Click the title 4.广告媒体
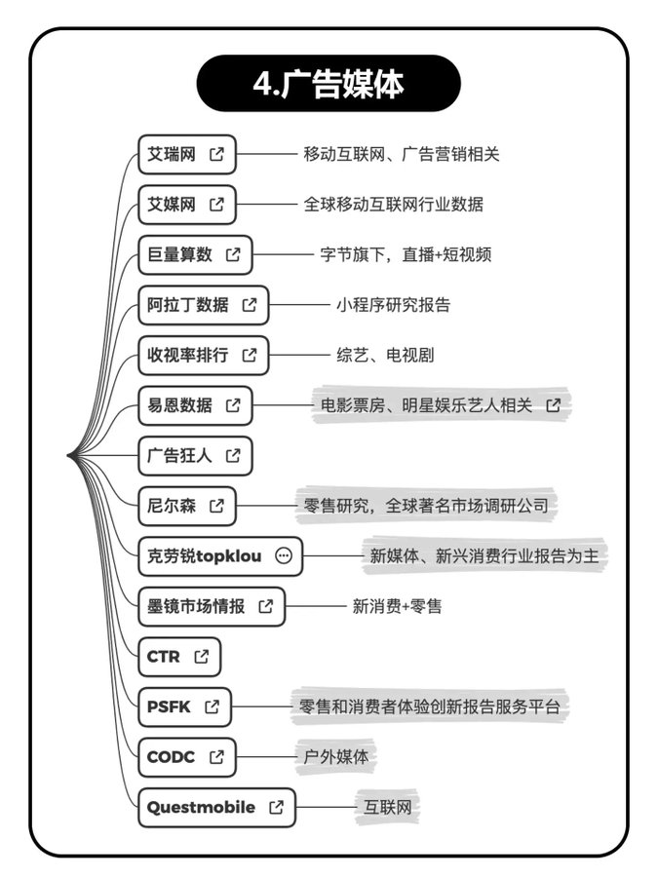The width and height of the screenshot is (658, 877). click(x=328, y=84)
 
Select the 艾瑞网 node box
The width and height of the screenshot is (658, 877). click(x=186, y=154)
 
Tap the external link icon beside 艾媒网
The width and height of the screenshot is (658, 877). click(x=217, y=205)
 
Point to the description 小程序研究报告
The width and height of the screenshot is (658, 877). click(x=393, y=305)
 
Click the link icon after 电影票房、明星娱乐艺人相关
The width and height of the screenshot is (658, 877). click(x=554, y=405)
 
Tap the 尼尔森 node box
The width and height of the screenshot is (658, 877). click(x=186, y=506)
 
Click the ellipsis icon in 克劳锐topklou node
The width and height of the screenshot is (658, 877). click(x=284, y=555)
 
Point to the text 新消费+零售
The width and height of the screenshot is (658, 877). click(x=397, y=606)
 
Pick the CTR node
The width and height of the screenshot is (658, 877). click(x=179, y=657)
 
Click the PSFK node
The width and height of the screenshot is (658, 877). click(x=184, y=706)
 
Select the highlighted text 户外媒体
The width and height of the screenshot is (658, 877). click(x=336, y=757)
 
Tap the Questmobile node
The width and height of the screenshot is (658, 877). click(x=216, y=807)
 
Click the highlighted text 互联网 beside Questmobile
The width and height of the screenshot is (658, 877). click(x=387, y=807)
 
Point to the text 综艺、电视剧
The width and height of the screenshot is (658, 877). click(x=385, y=355)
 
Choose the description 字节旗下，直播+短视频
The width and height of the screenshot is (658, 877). click(x=406, y=254)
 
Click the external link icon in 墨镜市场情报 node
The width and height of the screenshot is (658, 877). click(x=266, y=606)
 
